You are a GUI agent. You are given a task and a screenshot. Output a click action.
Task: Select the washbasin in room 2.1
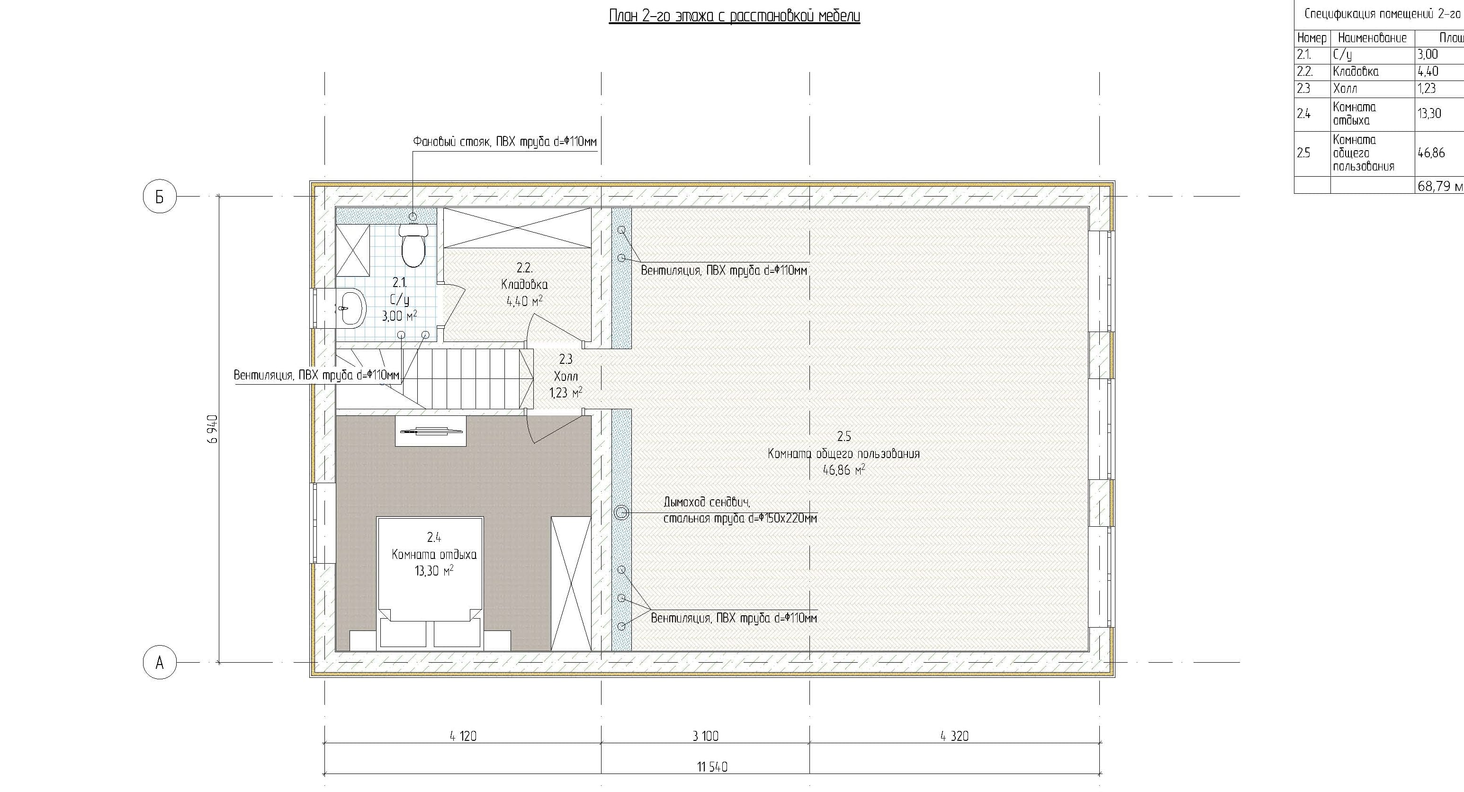[x=350, y=308]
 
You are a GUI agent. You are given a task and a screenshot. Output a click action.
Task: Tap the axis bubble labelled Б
[x=160, y=197]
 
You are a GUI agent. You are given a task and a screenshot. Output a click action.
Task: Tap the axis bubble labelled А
[x=160, y=662]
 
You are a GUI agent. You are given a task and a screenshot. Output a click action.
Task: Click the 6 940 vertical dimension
[x=213, y=429]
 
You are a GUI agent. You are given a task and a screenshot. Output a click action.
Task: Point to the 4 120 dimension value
[x=463, y=736]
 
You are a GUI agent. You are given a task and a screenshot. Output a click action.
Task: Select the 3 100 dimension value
[x=705, y=736]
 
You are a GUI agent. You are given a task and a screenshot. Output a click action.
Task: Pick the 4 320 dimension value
[x=955, y=736]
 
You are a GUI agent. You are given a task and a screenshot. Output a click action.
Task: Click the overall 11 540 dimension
[x=712, y=767]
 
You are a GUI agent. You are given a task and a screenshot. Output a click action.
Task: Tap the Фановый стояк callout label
[x=505, y=141]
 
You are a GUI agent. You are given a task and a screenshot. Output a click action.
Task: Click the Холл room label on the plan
[x=566, y=376]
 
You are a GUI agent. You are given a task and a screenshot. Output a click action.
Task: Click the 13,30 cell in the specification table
[x=1429, y=113]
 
